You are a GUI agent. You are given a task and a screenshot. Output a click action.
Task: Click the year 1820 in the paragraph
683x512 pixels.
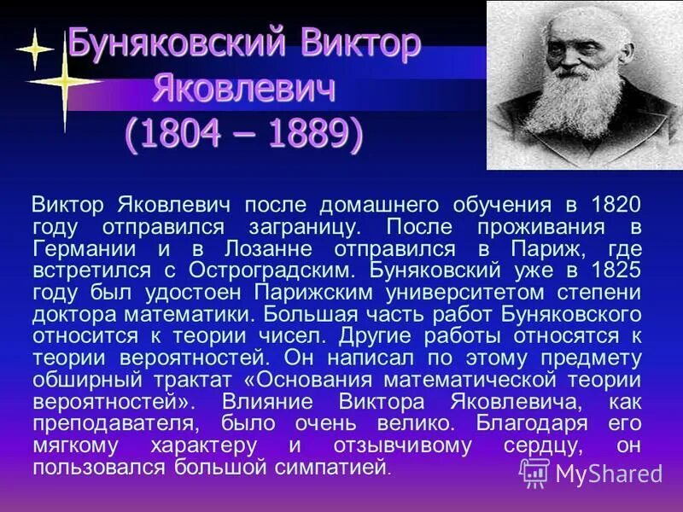click(x=614, y=206)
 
